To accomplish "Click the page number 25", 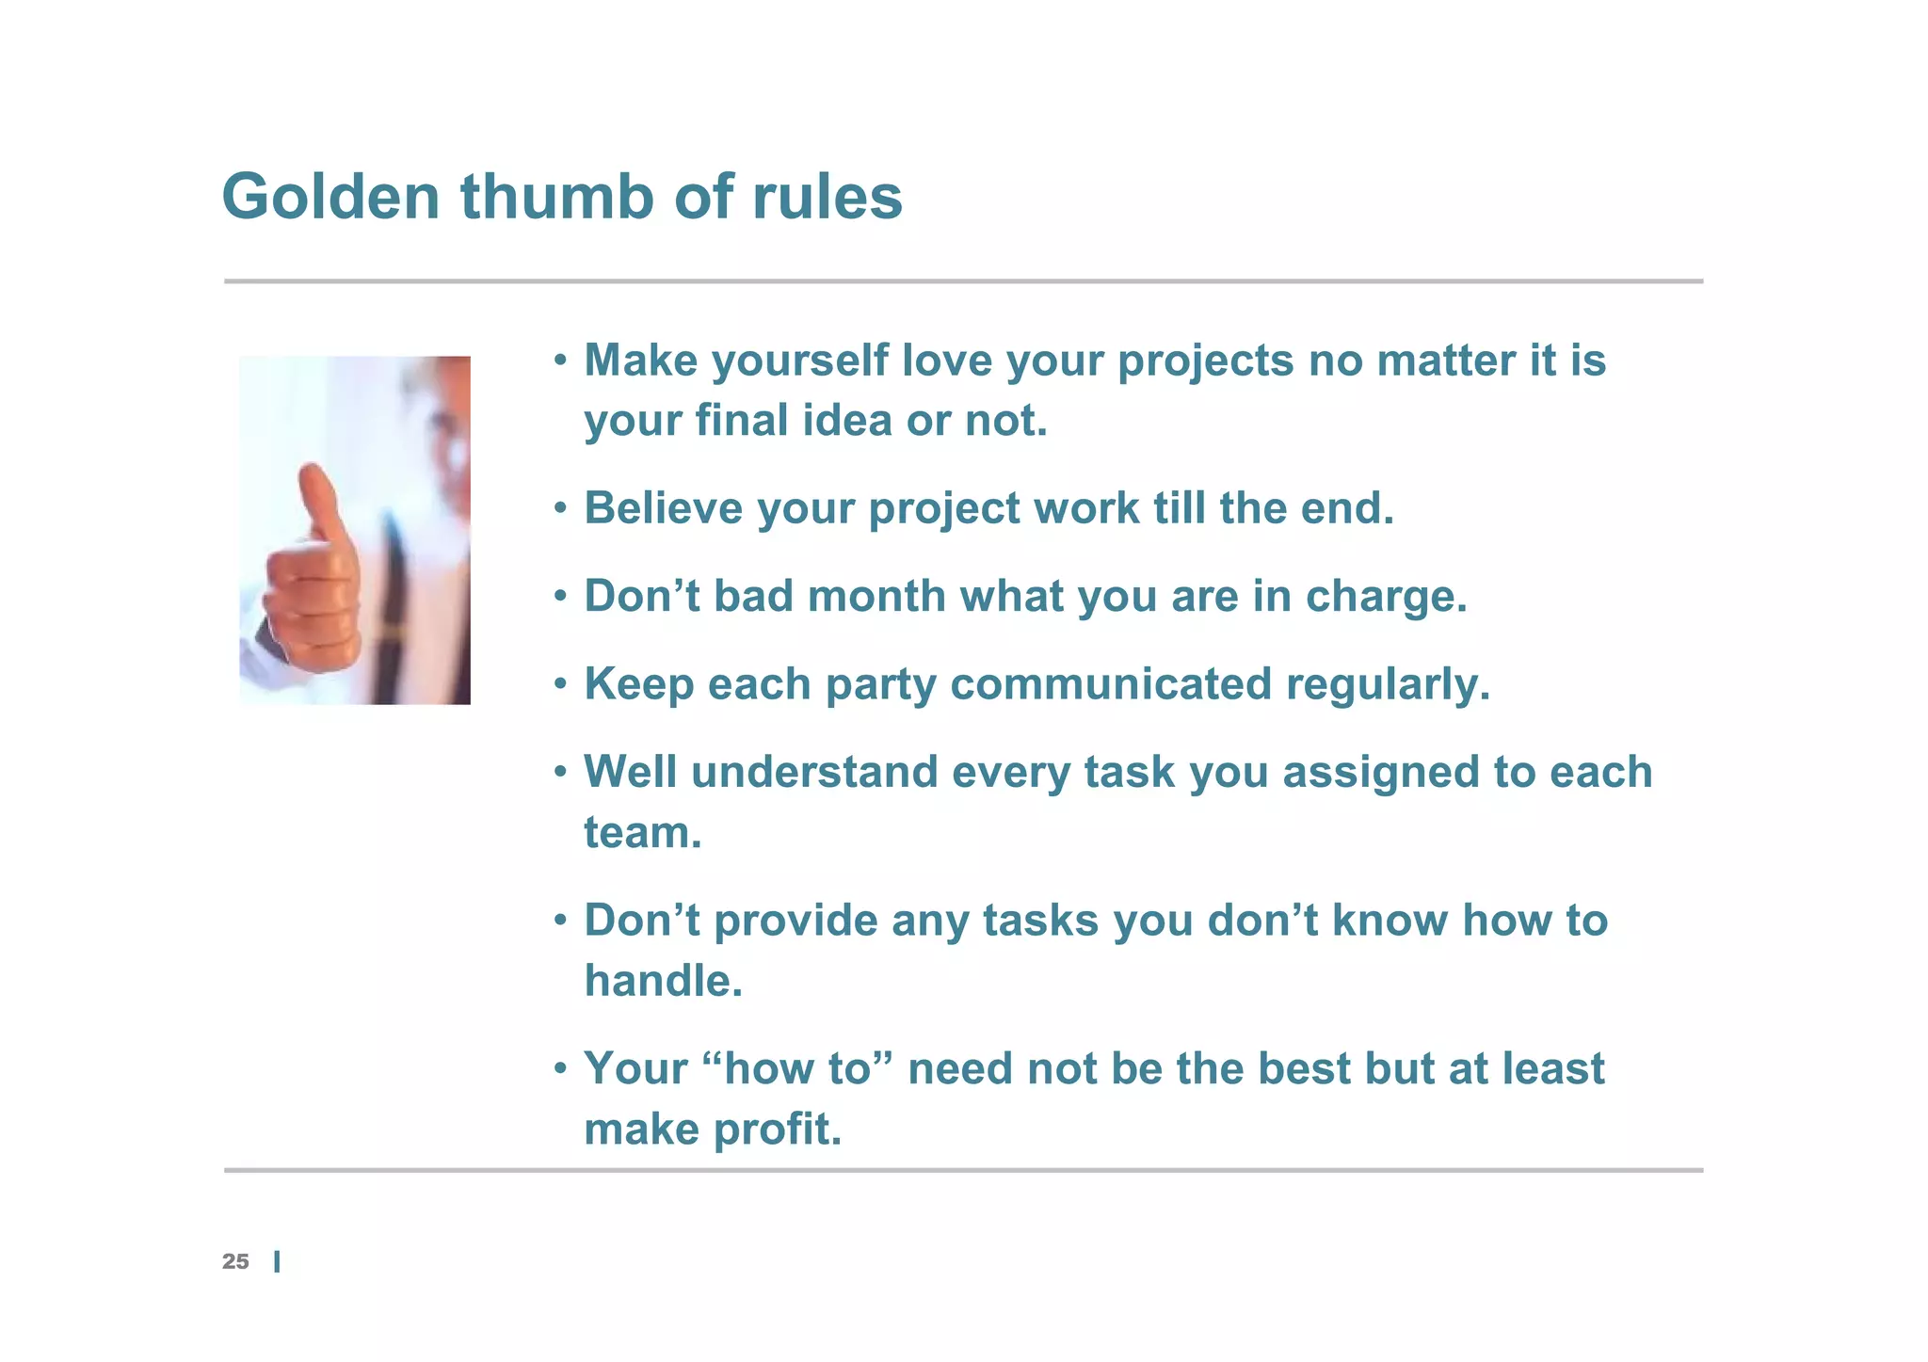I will [235, 1261].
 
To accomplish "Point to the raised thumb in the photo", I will [320, 499].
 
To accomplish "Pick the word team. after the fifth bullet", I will [642, 833].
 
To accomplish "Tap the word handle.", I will [663, 981].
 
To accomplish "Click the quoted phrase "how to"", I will [797, 1068].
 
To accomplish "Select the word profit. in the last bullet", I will [778, 1129].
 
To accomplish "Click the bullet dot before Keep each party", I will [561, 684].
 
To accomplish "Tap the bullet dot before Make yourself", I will [561, 361].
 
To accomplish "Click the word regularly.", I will [1388, 684].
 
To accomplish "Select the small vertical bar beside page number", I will [277, 1262].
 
